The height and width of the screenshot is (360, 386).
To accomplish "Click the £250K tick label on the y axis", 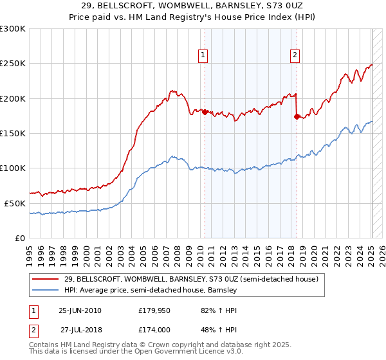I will (12, 64).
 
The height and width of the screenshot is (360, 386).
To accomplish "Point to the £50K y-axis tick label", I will (14, 203).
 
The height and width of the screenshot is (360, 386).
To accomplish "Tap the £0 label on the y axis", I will (19, 238).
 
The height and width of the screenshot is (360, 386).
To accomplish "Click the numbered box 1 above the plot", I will (203, 56).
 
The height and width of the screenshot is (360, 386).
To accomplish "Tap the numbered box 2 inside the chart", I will (295, 56).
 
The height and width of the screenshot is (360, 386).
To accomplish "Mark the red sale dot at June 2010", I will (205, 112).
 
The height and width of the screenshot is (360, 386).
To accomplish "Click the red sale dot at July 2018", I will (297, 116).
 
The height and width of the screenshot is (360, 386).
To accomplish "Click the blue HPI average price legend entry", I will (151, 291).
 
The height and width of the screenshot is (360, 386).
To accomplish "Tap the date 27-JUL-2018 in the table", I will (79, 329).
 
